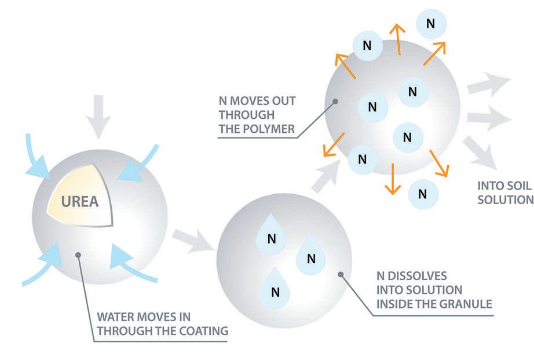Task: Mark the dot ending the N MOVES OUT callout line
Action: pyautogui.click(x=335, y=102)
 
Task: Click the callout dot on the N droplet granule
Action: pyautogui.click(x=341, y=274)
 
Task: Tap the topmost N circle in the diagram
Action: pyautogui.click(x=430, y=23)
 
